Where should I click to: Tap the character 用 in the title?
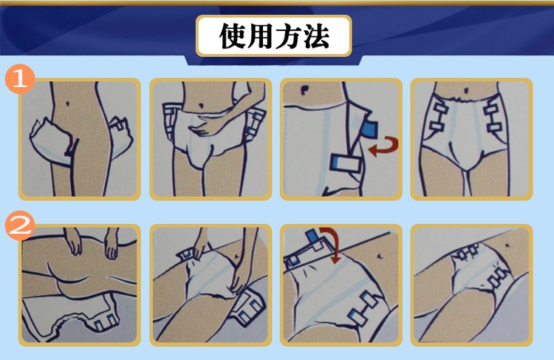(261, 35)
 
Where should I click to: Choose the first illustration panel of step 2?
(79, 285)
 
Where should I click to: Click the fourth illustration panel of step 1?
(471, 139)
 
